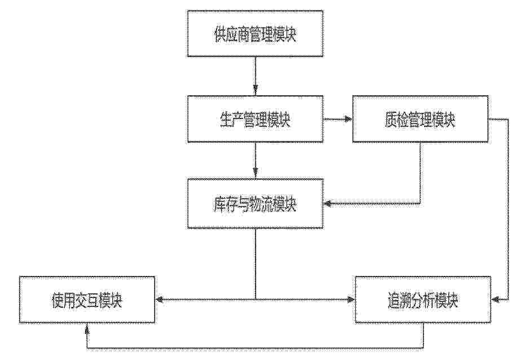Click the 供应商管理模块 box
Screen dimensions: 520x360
pyautogui.click(x=255, y=33)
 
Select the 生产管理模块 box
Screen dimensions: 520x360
pyautogui.click(x=255, y=119)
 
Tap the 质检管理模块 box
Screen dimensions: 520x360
pyautogui.click(x=420, y=119)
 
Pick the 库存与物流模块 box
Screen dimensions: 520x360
pyautogui.click(x=255, y=204)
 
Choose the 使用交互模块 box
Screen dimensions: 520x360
pyautogui.click(x=87, y=300)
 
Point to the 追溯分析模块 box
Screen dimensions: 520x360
pyautogui.click(x=423, y=300)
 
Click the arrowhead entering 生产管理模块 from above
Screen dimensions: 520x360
pyautogui.click(x=255, y=91)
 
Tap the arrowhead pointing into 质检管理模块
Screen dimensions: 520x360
pyautogui.click(x=347, y=119)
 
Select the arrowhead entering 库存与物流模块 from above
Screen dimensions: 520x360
pyautogui.click(x=255, y=173)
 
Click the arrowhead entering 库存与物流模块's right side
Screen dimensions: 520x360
pyautogui.click(x=328, y=203)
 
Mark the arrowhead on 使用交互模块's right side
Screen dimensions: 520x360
pyautogui.click(x=160, y=300)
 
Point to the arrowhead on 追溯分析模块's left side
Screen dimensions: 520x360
pyautogui.click(x=350, y=300)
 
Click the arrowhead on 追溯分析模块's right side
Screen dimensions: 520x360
pyautogui.click(x=496, y=300)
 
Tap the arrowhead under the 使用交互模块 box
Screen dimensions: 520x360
pyautogui.click(x=87, y=328)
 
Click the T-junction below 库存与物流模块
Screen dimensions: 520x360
pyautogui.click(x=255, y=300)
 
